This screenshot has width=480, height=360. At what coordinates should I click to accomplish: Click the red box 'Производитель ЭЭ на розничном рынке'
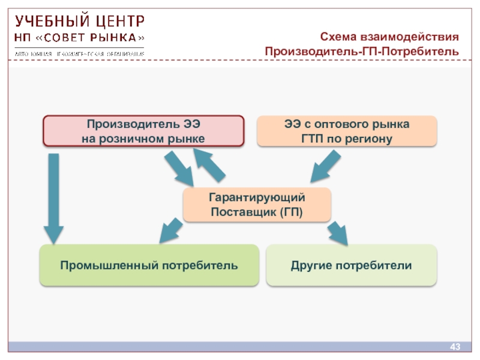(143, 131)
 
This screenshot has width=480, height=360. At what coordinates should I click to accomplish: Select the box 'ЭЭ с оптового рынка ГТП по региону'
(347, 131)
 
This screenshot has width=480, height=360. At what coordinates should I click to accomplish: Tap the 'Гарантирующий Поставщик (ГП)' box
(257, 205)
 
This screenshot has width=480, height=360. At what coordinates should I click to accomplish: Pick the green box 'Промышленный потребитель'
(149, 265)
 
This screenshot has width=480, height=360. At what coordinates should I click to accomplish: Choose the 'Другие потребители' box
(352, 265)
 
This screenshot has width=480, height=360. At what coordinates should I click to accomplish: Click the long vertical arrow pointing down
(53, 198)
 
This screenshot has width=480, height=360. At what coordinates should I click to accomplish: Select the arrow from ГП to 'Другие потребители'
(338, 232)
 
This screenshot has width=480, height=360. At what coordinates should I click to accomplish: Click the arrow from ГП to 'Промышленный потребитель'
(171, 230)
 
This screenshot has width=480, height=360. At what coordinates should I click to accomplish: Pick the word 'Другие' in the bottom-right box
(311, 265)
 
